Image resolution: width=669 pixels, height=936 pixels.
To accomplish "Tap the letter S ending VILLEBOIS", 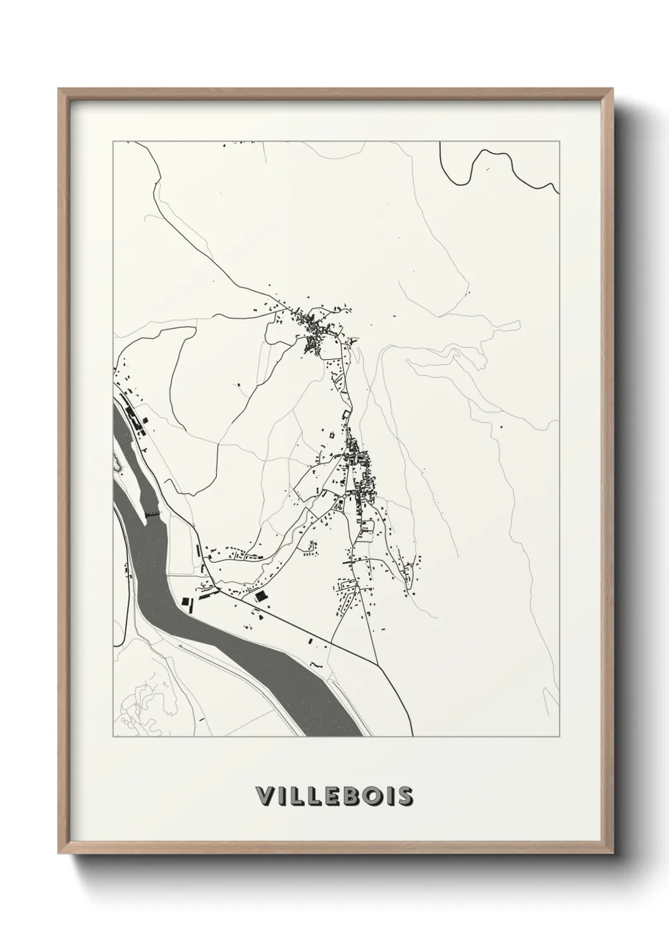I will point(404,797).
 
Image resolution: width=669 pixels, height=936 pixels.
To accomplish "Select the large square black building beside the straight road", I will point(260,596).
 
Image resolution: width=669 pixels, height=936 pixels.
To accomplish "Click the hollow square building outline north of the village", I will point(345,414).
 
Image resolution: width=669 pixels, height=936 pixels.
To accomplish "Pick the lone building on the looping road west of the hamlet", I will point(238,384).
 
